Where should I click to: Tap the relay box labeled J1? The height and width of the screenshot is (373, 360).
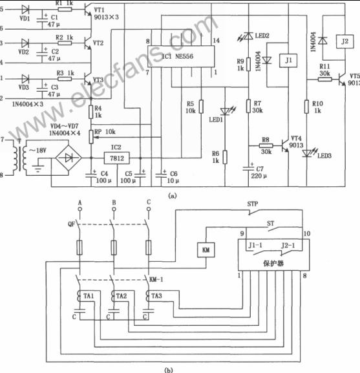pos(284,61)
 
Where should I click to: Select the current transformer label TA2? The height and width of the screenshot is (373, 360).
pos(121,295)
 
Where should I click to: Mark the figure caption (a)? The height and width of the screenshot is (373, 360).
pos(171,194)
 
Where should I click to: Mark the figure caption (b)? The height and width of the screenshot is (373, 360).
pos(169,369)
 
